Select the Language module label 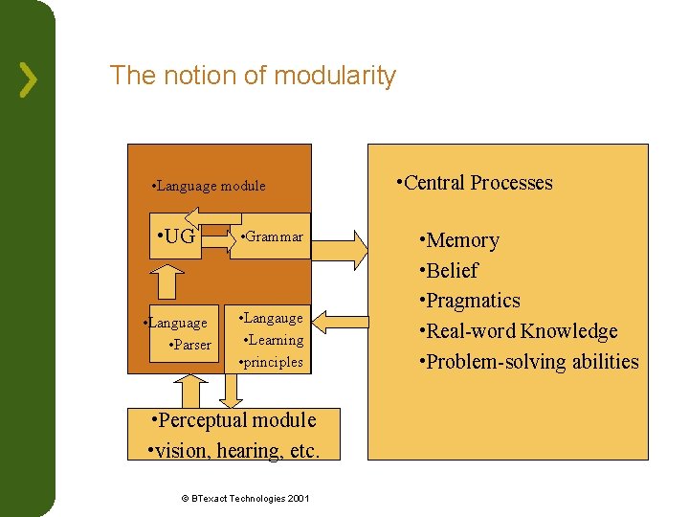(x=209, y=186)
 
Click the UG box (x=175, y=236)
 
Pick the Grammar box (x=272, y=236)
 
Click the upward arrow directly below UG (x=168, y=281)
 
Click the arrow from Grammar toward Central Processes (x=340, y=249)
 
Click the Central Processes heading (x=476, y=183)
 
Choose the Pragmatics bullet (x=470, y=301)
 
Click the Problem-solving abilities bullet (x=529, y=362)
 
